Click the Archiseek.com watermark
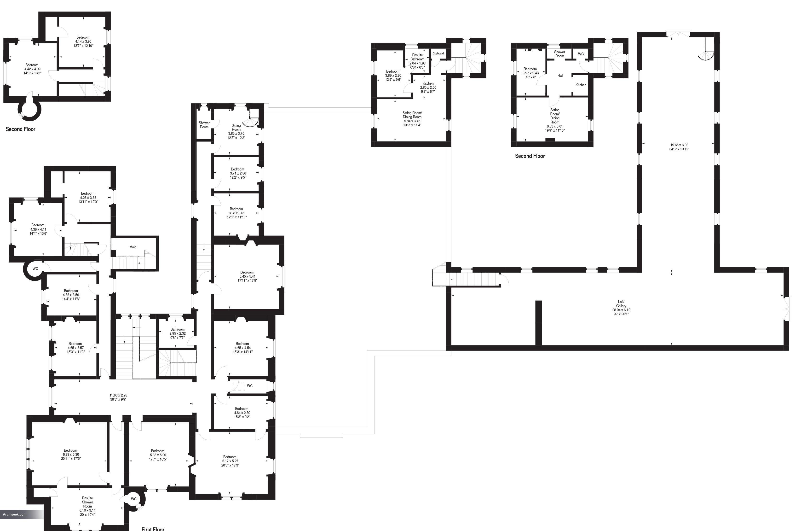15,514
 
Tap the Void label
133,247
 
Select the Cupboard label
438,53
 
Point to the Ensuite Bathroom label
417,57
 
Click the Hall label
560,76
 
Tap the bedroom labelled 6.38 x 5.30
71,455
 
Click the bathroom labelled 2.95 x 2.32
178,333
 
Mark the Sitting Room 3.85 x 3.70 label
236,131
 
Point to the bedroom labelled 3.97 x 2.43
530,73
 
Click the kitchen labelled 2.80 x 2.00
428,87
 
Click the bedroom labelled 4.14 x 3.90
83,41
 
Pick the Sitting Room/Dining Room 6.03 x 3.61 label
555,120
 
